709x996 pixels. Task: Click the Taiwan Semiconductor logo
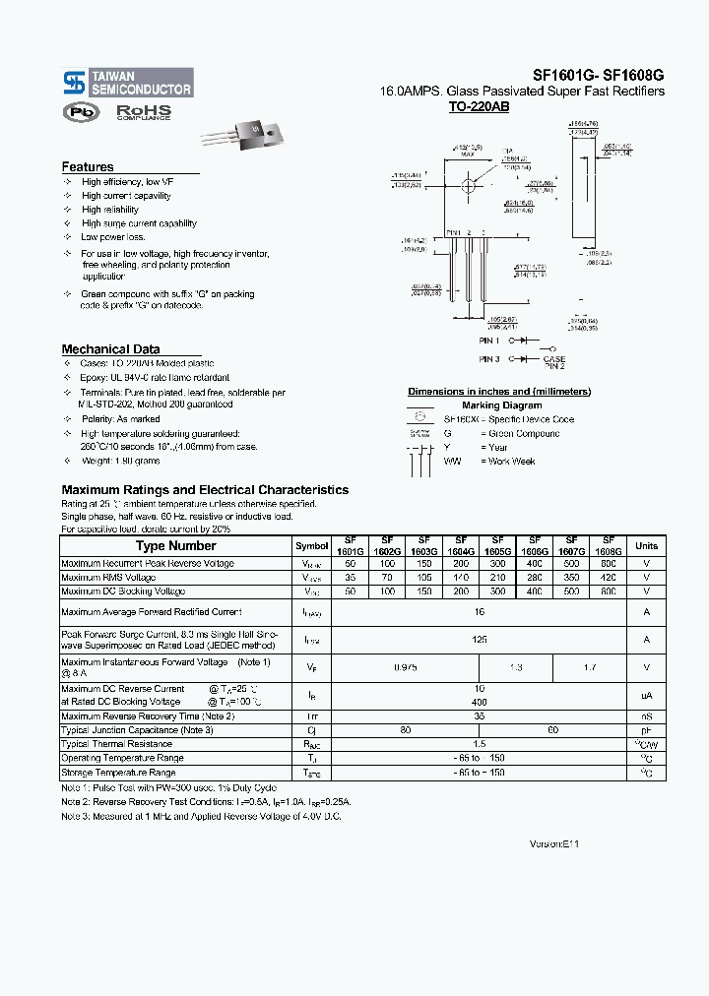(x=127, y=82)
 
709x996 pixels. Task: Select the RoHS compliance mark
(x=144, y=112)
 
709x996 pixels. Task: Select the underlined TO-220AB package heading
(x=479, y=106)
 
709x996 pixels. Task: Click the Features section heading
(x=88, y=167)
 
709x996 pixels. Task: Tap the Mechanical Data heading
(x=110, y=349)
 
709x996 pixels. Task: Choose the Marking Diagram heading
(x=501, y=405)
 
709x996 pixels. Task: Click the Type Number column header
(x=175, y=546)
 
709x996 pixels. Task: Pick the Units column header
(x=646, y=546)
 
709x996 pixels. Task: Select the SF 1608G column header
(x=609, y=546)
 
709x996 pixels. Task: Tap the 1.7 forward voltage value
(x=589, y=667)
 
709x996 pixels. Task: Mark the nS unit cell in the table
(x=646, y=716)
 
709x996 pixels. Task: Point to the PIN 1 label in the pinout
(x=490, y=340)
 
